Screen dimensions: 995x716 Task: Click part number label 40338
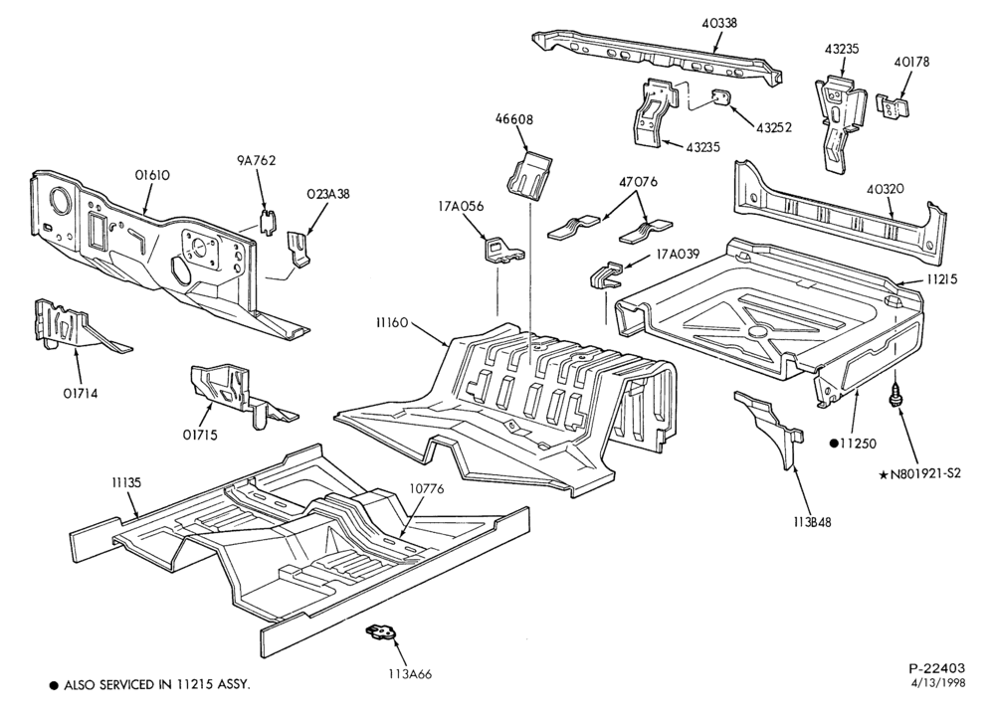click(719, 24)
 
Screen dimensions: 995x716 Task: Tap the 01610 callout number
click(152, 176)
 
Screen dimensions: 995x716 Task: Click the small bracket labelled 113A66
click(381, 632)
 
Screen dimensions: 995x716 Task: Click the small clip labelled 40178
click(894, 105)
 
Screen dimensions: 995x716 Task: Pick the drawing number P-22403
click(936, 668)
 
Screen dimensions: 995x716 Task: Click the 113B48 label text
click(812, 522)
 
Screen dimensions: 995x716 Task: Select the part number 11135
click(125, 482)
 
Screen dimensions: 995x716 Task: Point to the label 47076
click(639, 182)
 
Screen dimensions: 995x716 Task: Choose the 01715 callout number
click(200, 435)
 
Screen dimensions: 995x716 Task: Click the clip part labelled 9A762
click(269, 220)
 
